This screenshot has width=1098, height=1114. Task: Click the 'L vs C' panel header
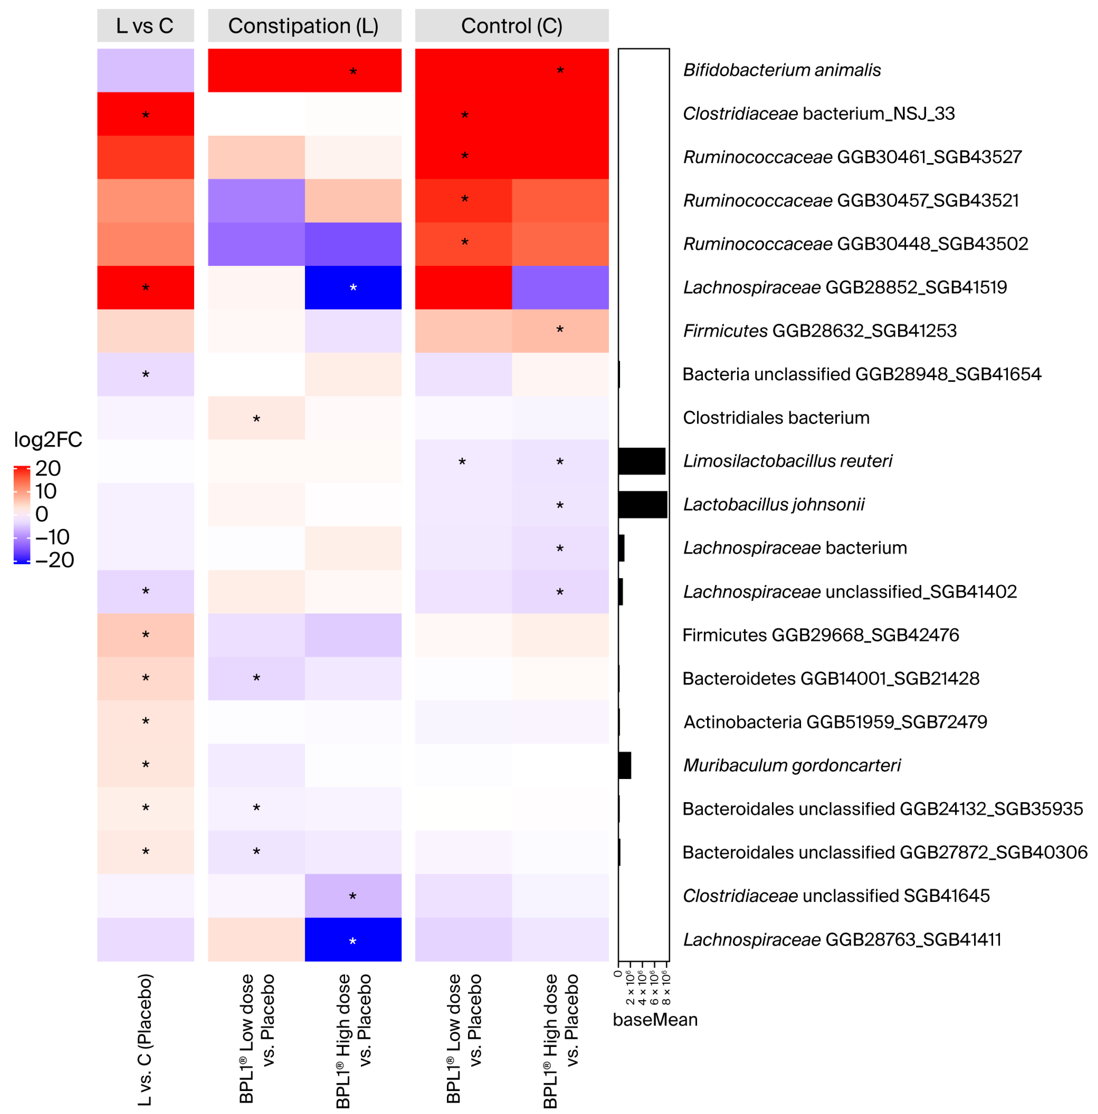pyautogui.click(x=145, y=25)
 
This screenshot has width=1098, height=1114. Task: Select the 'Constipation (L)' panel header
pyautogui.click(x=304, y=25)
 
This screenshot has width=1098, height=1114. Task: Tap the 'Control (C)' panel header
pyautogui.click(x=512, y=25)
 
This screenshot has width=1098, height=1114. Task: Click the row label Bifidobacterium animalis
pyautogui.click(x=782, y=70)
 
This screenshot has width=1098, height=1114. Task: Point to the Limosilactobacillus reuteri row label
pyautogui.click(x=787, y=461)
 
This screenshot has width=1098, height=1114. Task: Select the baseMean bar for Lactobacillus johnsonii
pyautogui.click(x=643, y=505)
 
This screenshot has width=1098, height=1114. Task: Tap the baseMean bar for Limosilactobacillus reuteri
pyautogui.click(x=642, y=461)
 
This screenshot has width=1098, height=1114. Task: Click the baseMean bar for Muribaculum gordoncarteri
pyautogui.click(x=625, y=766)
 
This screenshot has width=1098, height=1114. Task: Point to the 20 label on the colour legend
pyautogui.click(x=48, y=468)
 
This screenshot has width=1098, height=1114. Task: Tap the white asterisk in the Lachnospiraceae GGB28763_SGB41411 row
pyautogui.click(x=353, y=942)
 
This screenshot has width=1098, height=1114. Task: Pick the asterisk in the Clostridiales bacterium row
pyautogui.click(x=257, y=419)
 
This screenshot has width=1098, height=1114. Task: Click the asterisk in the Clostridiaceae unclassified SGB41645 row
pyautogui.click(x=353, y=897)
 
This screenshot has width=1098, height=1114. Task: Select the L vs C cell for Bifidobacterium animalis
pyautogui.click(x=145, y=70)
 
